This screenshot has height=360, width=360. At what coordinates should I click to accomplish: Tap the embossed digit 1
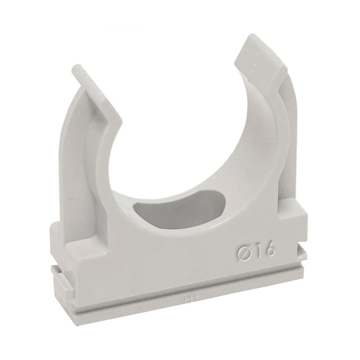click(x=256, y=251)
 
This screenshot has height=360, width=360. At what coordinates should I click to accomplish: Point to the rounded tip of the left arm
click(x=76, y=68)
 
